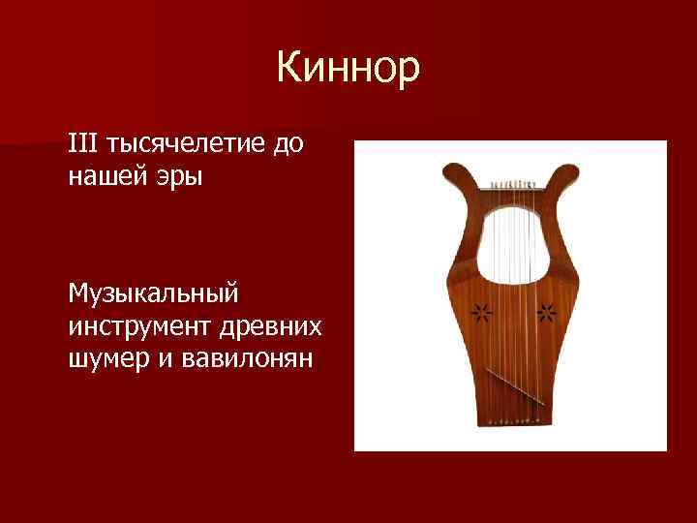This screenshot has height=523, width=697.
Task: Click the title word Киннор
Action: point(348,69)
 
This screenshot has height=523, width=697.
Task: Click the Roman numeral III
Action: point(84,144)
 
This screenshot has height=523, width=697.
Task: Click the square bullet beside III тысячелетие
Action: point(55,145)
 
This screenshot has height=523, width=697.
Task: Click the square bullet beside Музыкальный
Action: point(55,292)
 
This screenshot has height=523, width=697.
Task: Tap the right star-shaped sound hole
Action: point(546,312)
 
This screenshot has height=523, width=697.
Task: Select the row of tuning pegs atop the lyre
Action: point(512,182)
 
